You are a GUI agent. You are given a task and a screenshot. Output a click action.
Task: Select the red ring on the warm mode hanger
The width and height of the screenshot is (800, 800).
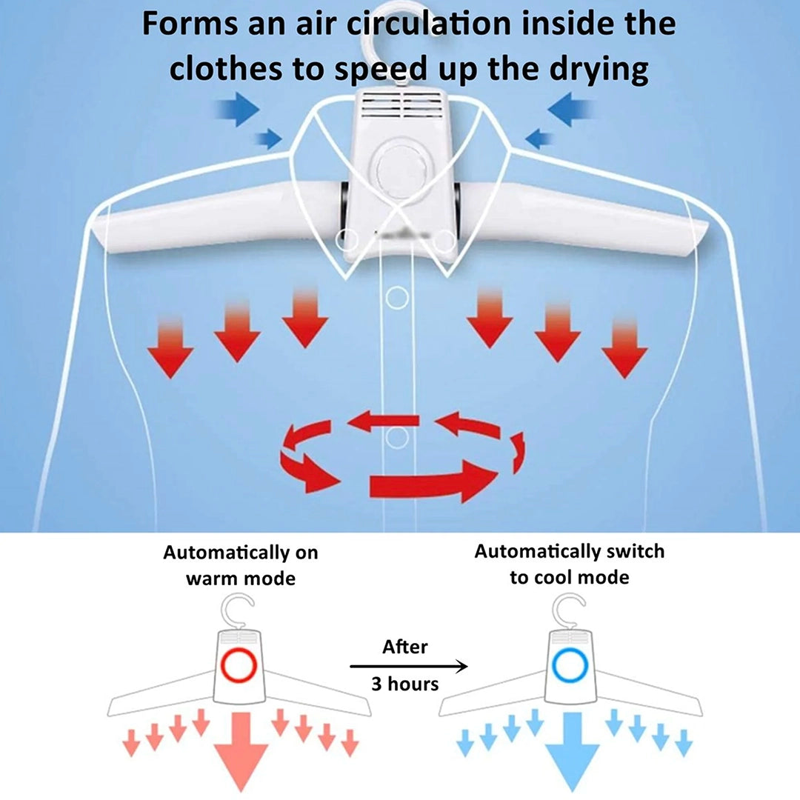[239, 665]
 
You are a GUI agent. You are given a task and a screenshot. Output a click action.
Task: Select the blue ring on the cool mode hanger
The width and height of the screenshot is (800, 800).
[570, 665]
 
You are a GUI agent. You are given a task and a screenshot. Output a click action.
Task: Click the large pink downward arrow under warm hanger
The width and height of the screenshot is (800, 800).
[241, 750]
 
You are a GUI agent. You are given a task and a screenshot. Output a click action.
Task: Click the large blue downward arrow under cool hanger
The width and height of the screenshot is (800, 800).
[573, 750]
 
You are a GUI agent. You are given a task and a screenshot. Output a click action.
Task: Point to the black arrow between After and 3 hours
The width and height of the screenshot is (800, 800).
[408, 666]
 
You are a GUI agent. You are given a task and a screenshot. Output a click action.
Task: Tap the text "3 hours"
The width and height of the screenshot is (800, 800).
[404, 684]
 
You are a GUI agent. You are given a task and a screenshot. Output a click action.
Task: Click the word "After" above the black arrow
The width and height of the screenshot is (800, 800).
[404, 647]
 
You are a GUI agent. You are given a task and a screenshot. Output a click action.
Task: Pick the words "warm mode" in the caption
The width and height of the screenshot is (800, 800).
[240, 579]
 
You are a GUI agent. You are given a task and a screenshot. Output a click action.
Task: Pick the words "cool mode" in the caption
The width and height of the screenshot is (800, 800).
[570, 578]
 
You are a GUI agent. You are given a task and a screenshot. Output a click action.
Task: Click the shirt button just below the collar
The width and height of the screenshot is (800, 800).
[397, 298]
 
